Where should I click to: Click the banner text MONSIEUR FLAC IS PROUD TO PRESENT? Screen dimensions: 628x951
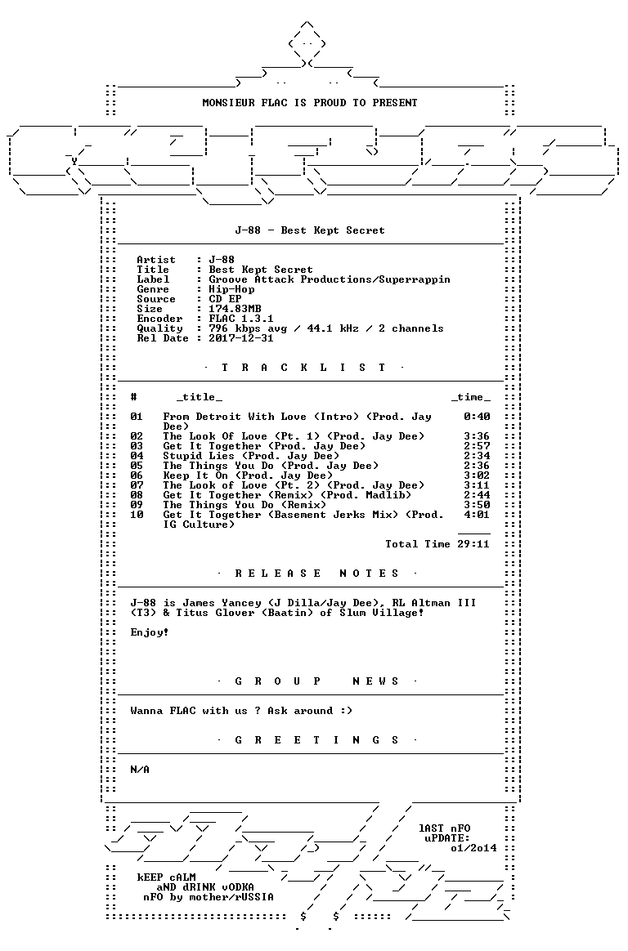pos(309,103)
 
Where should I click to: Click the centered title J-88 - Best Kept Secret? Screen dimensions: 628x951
pos(309,230)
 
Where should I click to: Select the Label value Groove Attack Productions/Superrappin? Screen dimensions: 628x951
pos(330,279)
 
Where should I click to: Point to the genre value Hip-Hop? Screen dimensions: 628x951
pos(231,289)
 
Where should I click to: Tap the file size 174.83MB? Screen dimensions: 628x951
pos(235,309)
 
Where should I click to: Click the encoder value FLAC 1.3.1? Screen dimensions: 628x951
pos(241,319)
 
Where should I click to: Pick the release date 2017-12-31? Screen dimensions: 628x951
pos(241,338)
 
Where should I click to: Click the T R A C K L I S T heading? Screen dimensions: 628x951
pos(304,368)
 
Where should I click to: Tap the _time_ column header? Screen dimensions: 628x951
pos(471,397)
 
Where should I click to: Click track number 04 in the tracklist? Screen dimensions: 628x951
pos(137,456)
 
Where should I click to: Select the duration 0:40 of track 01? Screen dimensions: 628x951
pos(477,417)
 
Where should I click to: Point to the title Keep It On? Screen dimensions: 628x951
pos(195,475)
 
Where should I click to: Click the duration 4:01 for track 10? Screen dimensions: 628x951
pos(477,515)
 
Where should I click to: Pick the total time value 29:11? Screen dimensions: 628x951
pos(473,544)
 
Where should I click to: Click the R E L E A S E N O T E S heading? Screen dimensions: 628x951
pos(317,574)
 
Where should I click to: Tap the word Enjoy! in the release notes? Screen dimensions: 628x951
pos(150,632)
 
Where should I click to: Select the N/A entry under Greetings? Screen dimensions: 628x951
pos(140,770)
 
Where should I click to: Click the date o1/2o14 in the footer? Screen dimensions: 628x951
pos(474,849)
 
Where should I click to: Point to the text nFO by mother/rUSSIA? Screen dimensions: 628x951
pos(209,897)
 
